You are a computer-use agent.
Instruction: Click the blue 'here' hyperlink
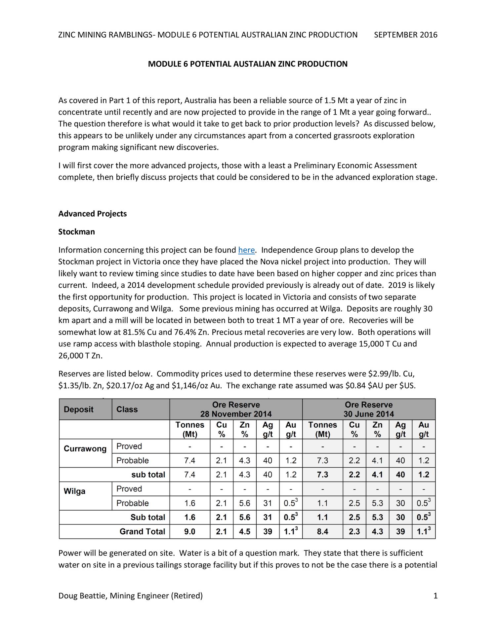246,250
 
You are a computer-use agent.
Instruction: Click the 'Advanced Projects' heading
93,214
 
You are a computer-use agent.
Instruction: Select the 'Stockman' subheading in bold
77,232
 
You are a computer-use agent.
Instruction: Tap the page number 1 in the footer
435,596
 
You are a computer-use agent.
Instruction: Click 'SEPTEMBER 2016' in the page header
405,35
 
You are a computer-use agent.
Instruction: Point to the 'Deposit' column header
79,410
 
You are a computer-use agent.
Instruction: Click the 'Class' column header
127,410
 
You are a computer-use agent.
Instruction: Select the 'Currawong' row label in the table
85,449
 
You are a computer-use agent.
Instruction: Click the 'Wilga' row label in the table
74,491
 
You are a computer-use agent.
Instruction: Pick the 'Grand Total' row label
142,531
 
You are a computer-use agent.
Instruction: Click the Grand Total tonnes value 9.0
190,531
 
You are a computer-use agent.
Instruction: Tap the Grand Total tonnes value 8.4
322,531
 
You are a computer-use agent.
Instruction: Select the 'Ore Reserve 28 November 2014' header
236,410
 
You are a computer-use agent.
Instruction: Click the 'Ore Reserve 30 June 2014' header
369,410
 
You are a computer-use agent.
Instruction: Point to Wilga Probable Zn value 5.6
245,503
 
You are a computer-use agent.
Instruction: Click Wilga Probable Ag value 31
268,503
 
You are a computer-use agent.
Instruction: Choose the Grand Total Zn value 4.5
245,531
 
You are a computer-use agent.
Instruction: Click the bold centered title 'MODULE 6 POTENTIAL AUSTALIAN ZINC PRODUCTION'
248,64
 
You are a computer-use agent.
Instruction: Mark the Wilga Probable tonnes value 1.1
322,503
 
